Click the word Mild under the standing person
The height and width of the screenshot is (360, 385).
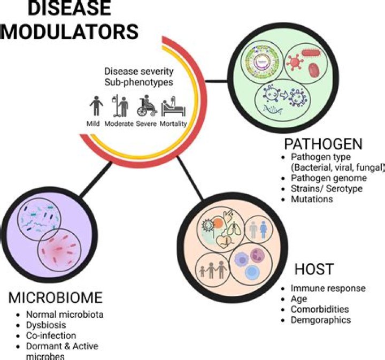point(94,122)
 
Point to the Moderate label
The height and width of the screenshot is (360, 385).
point(120,122)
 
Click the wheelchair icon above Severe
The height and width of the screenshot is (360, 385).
point(147,106)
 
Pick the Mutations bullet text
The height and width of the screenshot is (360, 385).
point(312,199)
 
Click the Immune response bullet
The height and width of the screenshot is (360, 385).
point(328,288)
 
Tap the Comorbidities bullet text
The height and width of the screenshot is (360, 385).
point(319,309)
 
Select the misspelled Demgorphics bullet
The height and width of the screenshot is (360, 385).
point(321,320)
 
